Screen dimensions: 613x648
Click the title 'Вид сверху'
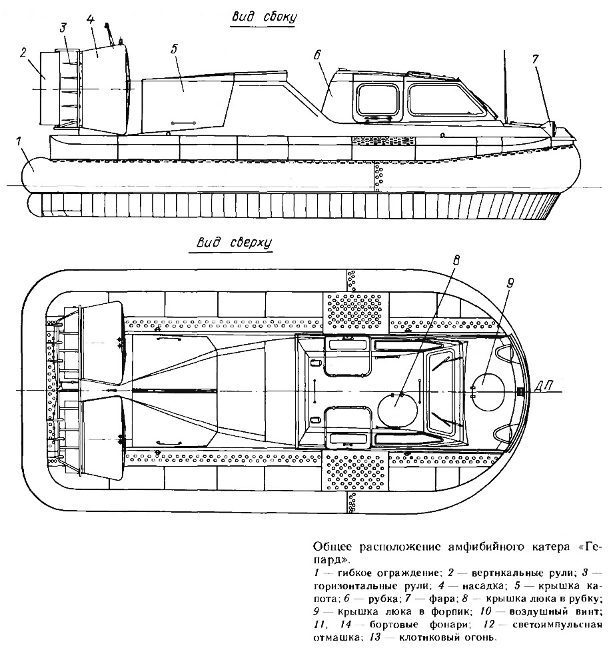click(x=234, y=243)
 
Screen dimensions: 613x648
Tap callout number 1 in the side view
click(x=18, y=142)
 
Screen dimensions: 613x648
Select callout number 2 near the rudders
click(x=23, y=53)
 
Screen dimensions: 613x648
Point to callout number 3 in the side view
click(x=63, y=28)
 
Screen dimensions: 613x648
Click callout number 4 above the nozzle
click(x=91, y=19)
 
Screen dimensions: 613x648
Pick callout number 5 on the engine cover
click(x=174, y=49)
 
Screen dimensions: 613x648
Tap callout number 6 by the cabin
click(x=317, y=55)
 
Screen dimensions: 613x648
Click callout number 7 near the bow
click(x=535, y=59)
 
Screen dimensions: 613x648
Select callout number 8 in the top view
click(x=456, y=260)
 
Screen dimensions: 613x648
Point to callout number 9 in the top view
click(x=510, y=283)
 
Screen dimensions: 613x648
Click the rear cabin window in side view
click(x=378, y=101)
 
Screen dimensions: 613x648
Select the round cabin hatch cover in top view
click(x=397, y=410)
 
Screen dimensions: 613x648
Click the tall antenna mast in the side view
click(x=505, y=86)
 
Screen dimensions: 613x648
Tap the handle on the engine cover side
click(x=183, y=123)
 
